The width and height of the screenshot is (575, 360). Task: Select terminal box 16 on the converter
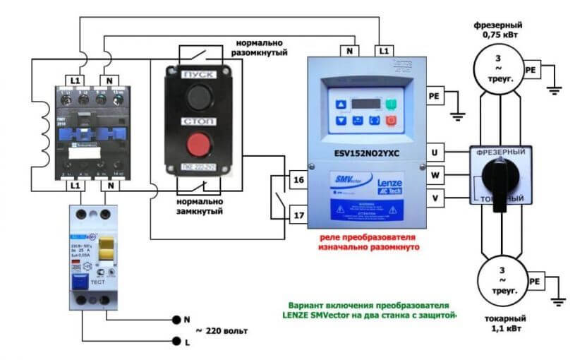[x=298, y=181]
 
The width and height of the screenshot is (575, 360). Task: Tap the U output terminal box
[x=435, y=152]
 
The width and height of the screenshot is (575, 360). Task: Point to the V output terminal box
[x=435, y=198]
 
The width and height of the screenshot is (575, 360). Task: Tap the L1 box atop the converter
[x=383, y=51]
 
